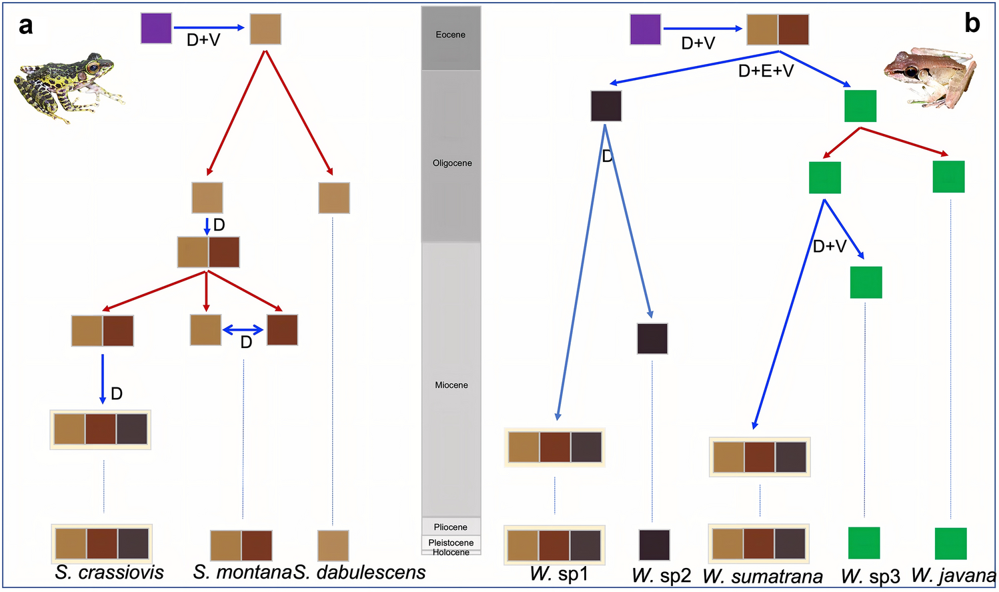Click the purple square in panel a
pos(156,28)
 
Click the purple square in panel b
pos(646,29)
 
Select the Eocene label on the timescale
pos(451,35)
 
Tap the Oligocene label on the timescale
pos(452,163)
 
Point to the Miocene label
pos(451,385)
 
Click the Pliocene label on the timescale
pos(451,527)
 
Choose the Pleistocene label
pos(451,543)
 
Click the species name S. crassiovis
pos(109,573)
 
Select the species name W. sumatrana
pos(763,577)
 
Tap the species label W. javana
pos(953,575)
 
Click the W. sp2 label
pos(661,575)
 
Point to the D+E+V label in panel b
pos(766,71)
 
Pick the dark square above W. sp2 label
pos(654,545)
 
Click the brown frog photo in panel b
pos(930,77)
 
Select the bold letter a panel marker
pos(25,26)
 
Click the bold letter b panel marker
pos(972,23)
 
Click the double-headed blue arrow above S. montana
pos(243,330)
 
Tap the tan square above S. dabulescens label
pos(333,545)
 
